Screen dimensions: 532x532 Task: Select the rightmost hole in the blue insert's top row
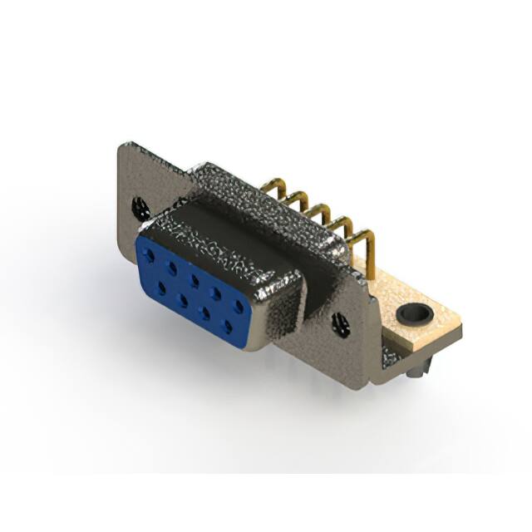click(238, 306)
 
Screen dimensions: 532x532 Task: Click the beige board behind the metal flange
click(432, 328)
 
